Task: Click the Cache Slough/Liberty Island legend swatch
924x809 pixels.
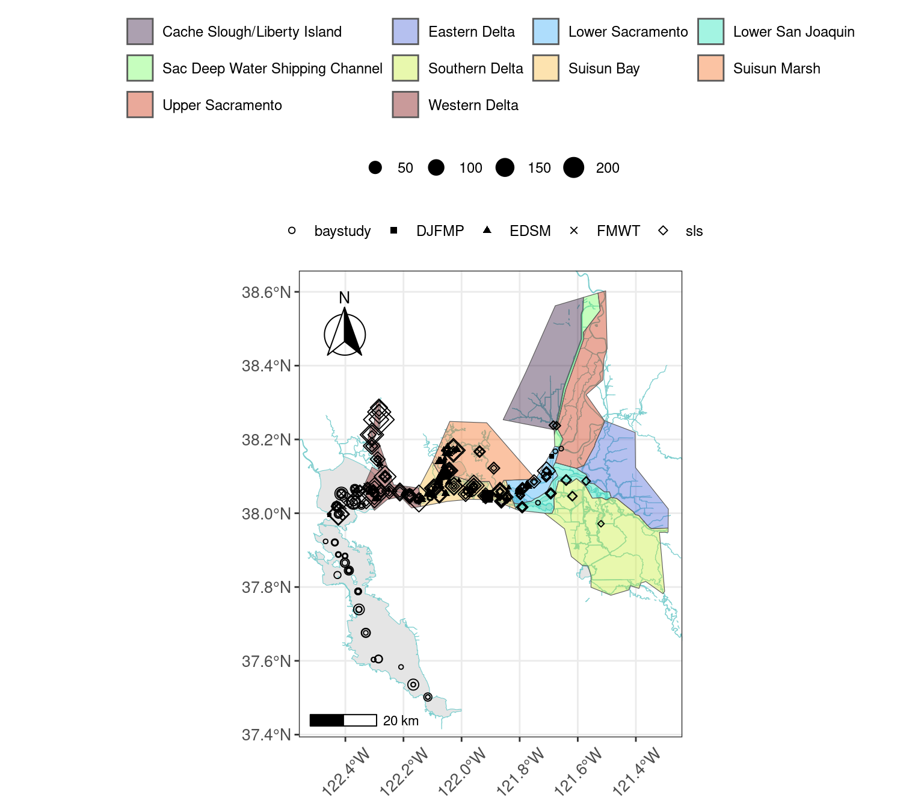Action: pyautogui.click(x=140, y=31)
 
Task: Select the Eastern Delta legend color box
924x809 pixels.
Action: pyautogui.click(x=405, y=31)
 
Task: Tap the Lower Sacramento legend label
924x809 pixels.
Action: pyautogui.click(x=627, y=32)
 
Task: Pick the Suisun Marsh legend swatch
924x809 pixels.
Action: pyautogui.click(x=710, y=68)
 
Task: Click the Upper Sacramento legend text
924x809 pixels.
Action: pyautogui.click(x=222, y=105)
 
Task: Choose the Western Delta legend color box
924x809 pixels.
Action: pyautogui.click(x=405, y=105)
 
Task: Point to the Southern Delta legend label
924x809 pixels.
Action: pyautogui.click(x=475, y=69)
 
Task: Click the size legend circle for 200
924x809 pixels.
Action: pyautogui.click(x=574, y=168)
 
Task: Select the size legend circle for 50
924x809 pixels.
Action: pyautogui.click(x=375, y=168)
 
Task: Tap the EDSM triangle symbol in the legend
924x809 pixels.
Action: pyautogui.click(x=487, y=230)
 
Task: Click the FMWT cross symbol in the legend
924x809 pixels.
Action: pyautogui.click(x=574, y=231)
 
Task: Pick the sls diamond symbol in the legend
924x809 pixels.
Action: pyautogui.click(x=663, y=231)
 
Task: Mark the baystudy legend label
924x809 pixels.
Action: pyautogui.click(x=342, y=231)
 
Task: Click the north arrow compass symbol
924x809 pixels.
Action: pyautogui.click(x=345, y=332)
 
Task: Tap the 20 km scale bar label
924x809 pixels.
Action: pyautogui.click(x=401, y=721)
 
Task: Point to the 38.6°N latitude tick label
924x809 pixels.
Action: pyautogui.click(x=266, y=293)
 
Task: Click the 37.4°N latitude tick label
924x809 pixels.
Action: pyautogui.click(x=266, y=735)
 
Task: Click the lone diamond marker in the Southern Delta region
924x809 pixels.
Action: pyautogui.click(x=600, y=524)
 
